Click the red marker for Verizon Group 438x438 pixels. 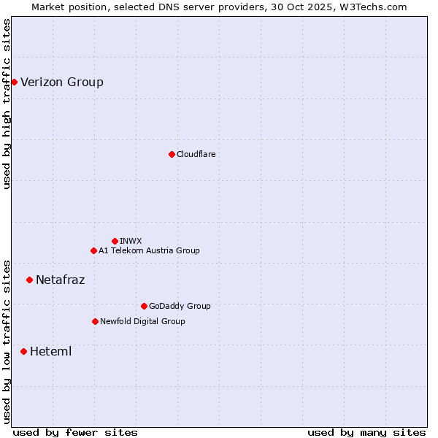tap(14, 82)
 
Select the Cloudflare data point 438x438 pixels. tap(172, 154)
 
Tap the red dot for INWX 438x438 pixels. tap(115, 241)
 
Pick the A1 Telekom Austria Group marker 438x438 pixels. tap(93, 250)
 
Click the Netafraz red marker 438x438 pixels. tap(29, 280)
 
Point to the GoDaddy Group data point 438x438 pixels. tap(144, 306)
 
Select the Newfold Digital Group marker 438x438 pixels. tap(95, 321)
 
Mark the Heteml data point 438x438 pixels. tap(23, 351)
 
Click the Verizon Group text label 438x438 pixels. tap(62, 82)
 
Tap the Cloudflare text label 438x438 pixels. tap(196, 154)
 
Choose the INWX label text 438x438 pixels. tap(131, 241)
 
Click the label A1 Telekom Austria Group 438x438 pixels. tap(149, 250)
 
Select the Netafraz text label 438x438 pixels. tap(61, 280)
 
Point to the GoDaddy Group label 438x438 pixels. tap(180, 306)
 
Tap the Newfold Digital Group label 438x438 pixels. tap(142, 321)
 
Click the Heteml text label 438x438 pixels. tap(51, 351)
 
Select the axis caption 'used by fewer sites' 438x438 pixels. tap(75, 432)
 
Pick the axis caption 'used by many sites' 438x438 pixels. tap(366, 432)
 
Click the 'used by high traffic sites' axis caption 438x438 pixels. tap(7, 104)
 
